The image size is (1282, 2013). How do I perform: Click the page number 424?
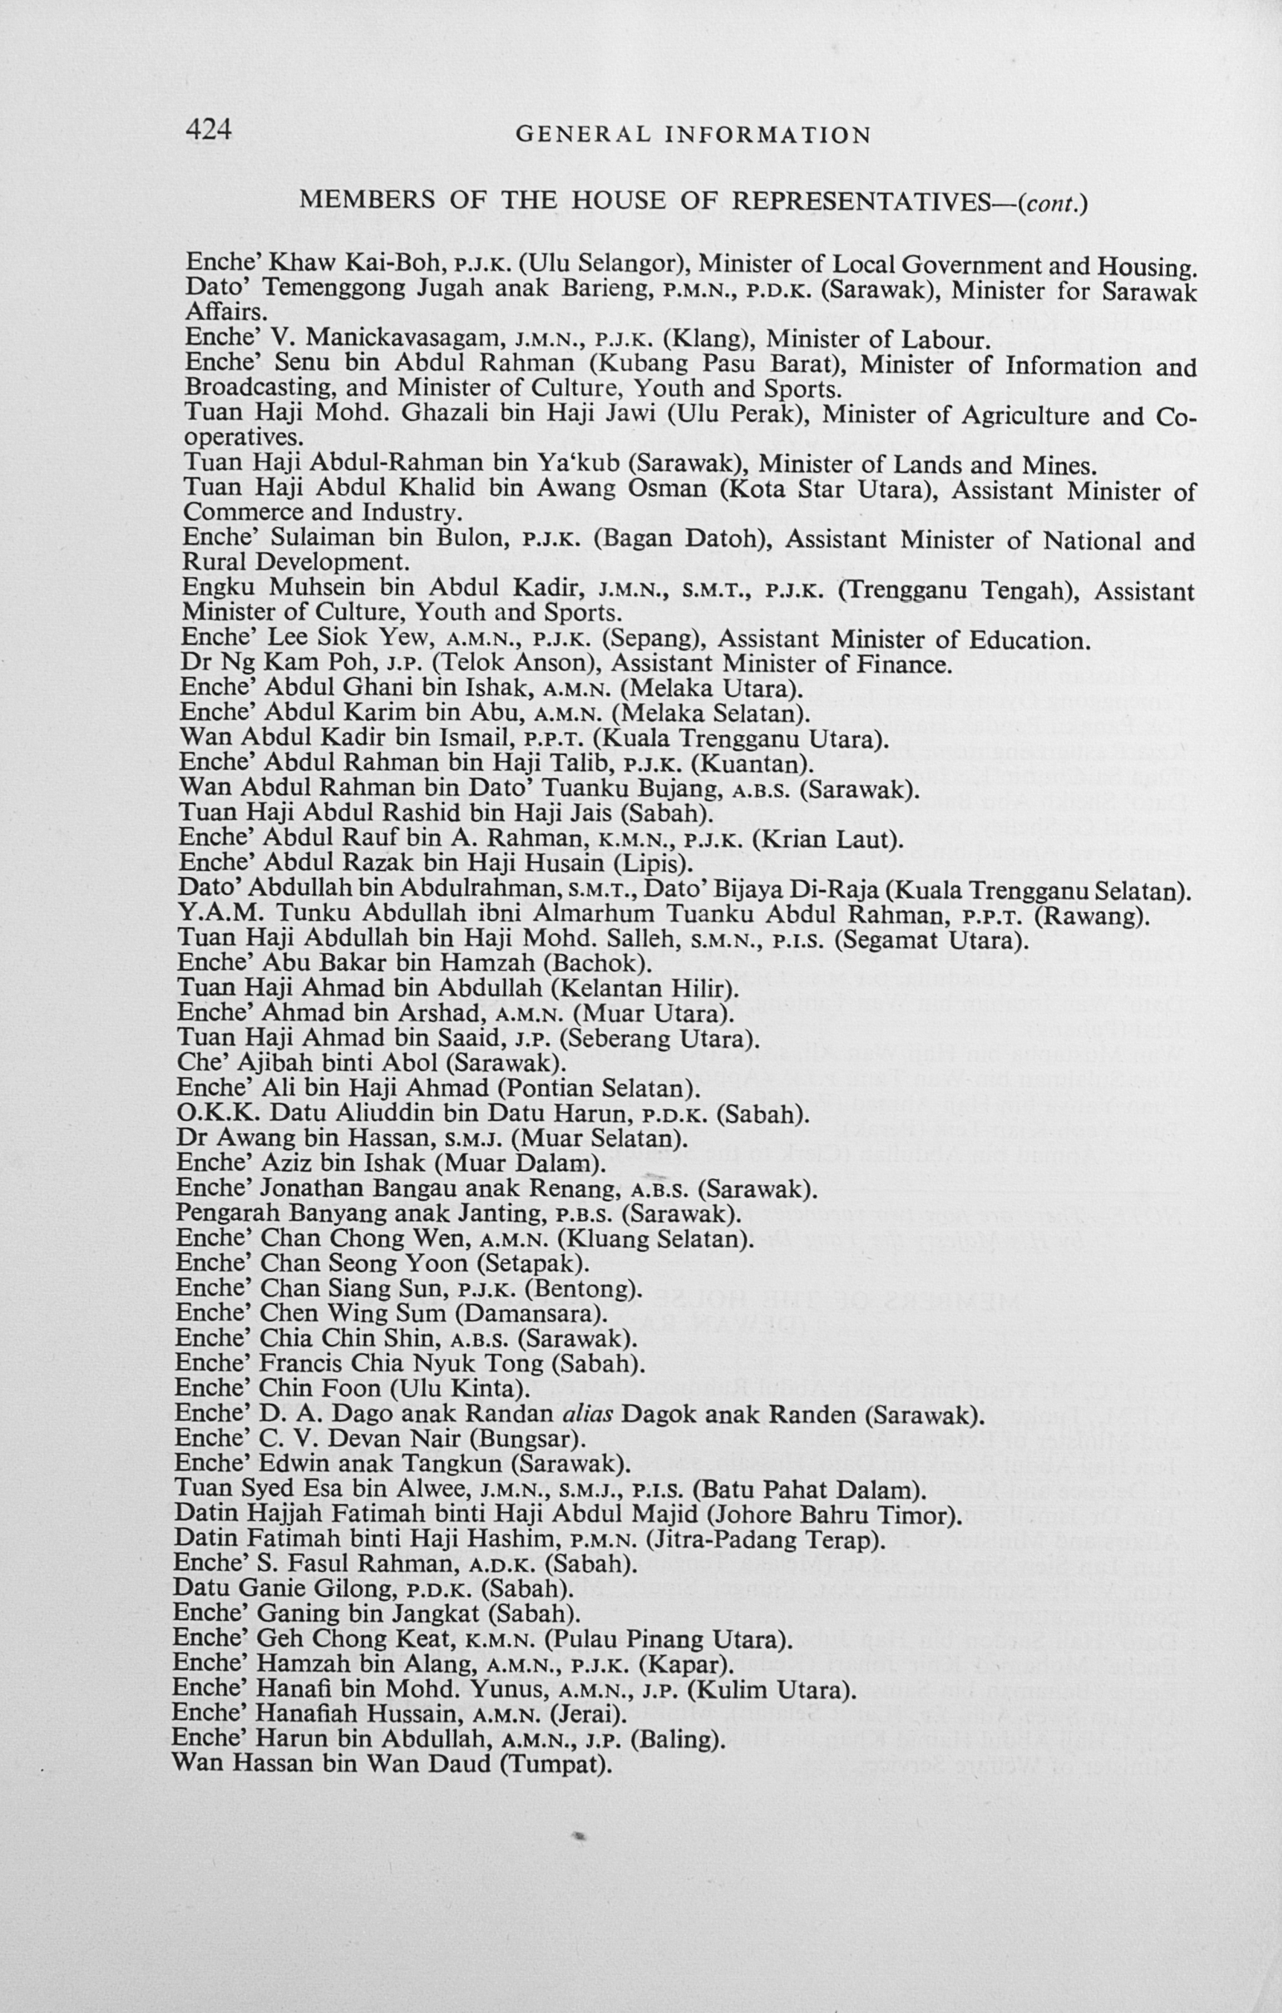(208, 129)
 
